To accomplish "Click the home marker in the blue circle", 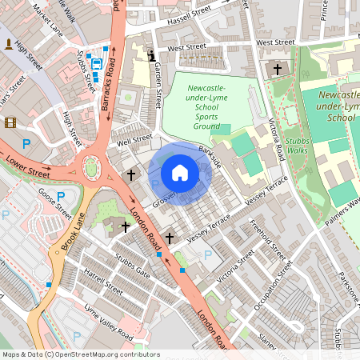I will [180, 173].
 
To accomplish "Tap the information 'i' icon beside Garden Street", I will [152, 55].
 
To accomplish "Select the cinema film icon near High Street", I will [10, 122].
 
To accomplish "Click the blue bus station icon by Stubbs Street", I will [97, 64].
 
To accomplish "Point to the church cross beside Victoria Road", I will [278, 70].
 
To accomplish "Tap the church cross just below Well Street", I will [131, 174].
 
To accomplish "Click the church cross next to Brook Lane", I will [125, 227].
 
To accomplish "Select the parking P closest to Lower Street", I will [26, 144].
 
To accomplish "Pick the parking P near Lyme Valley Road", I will [78, 337].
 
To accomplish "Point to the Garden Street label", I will [158, 86].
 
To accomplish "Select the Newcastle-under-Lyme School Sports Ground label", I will [207, 106].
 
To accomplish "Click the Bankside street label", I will [210, 155].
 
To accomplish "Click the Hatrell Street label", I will [103, 282].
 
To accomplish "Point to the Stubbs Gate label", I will [132, 266].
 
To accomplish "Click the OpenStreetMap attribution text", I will [81, 354].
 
